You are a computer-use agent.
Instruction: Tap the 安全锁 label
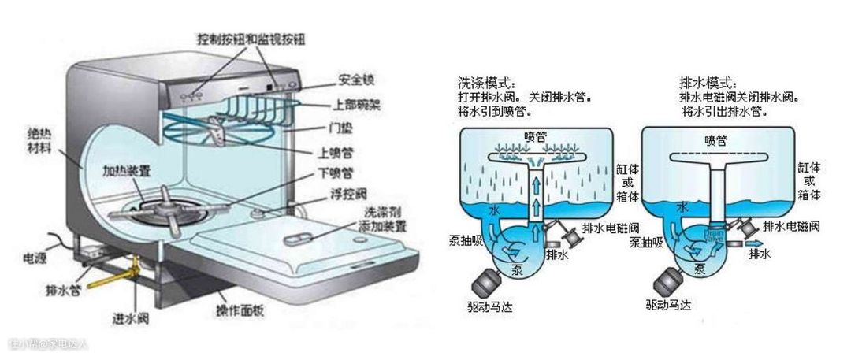355,80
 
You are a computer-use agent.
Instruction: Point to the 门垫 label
341,127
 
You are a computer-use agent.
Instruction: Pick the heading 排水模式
708,83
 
